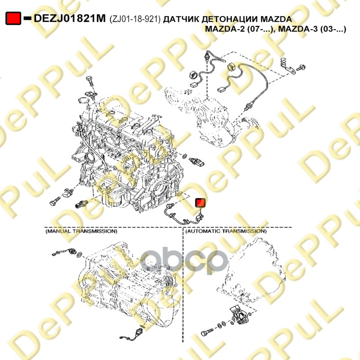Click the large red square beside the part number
coord(13,18)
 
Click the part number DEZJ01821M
coord(70,18)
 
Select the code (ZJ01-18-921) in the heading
coord(135,19)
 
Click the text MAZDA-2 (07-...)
coord(240,29)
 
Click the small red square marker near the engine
coord(200,203)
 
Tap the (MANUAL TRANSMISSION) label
coord(81,231)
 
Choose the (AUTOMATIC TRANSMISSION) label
coord(226,231)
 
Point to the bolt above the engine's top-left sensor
coord(90,81)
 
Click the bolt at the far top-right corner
coord(301,68)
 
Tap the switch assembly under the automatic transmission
coord(239,314)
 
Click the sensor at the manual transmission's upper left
coord(64,252)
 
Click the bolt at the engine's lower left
coord(54,202)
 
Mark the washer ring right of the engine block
coord(184,157)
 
